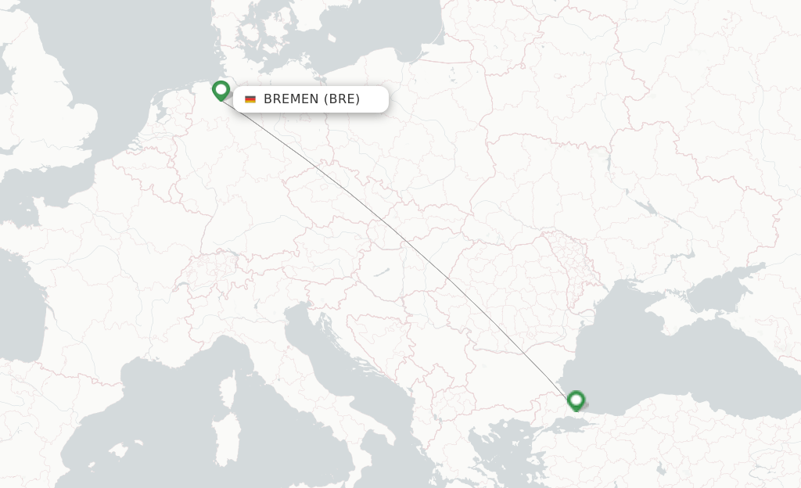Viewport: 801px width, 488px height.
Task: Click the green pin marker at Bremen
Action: click(221, 90)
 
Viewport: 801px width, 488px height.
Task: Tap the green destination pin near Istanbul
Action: click(577, 400)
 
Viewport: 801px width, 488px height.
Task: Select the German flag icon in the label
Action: click(250, 99)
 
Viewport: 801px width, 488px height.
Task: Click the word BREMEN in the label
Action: click(291, 99)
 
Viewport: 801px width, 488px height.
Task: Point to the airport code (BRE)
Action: click(342, 99)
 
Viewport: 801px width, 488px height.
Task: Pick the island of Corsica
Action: click(228, 390)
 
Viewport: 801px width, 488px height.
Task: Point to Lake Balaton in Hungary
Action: click(382, 273)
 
